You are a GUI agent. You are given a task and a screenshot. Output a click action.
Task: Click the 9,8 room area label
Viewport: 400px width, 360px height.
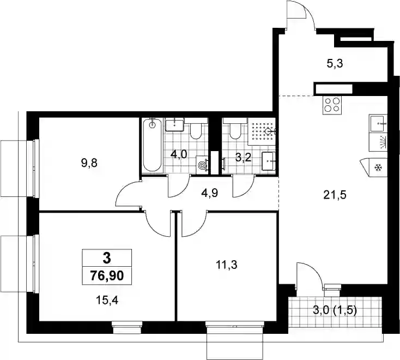pyautogui.click(x=89, y=163)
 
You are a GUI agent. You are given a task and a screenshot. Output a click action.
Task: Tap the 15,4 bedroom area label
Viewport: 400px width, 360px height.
pyautogui.click(x=107, y=301)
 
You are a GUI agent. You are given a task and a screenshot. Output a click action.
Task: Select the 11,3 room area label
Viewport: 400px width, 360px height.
pyautogui.click(x=227, y=265)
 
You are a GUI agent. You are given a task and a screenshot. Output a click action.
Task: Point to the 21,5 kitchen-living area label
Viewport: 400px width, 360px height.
pyautogui.click(x=335, y=195)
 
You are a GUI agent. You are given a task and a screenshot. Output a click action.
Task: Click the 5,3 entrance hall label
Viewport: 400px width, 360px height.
pyautogui.click(x=335, y=64)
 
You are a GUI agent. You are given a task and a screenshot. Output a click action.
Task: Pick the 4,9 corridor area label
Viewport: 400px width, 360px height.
pyautogui.click(x=209, y=193)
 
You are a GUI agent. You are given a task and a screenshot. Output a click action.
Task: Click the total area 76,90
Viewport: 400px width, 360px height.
pyautogui.click(x=107, y=276)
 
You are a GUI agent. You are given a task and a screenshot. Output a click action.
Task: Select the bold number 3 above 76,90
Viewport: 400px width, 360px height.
pyautogui.click(x=107, y=258)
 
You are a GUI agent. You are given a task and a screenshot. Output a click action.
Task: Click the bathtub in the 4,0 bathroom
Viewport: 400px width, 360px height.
pyautogui.click(x=152, y=146)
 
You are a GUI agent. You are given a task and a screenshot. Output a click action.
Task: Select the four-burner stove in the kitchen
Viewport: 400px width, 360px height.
pyautogui.click(x=332, y=105)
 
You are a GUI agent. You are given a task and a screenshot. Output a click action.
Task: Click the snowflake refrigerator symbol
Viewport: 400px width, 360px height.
pyautogui.click(x=377, y=168)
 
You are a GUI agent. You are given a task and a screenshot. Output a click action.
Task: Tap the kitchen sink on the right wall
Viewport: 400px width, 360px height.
pyautogui.click(x=378, y=123)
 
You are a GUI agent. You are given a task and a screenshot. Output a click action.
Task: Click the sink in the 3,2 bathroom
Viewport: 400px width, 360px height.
pyautogui.click(x=269, y=161)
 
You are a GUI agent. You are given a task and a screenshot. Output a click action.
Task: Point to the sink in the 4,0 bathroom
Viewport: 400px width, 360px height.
pyautogui.click(x=175, y=125)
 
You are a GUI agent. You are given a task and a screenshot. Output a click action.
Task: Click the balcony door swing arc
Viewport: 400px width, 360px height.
pyautogui.click(x=316, y=272)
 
